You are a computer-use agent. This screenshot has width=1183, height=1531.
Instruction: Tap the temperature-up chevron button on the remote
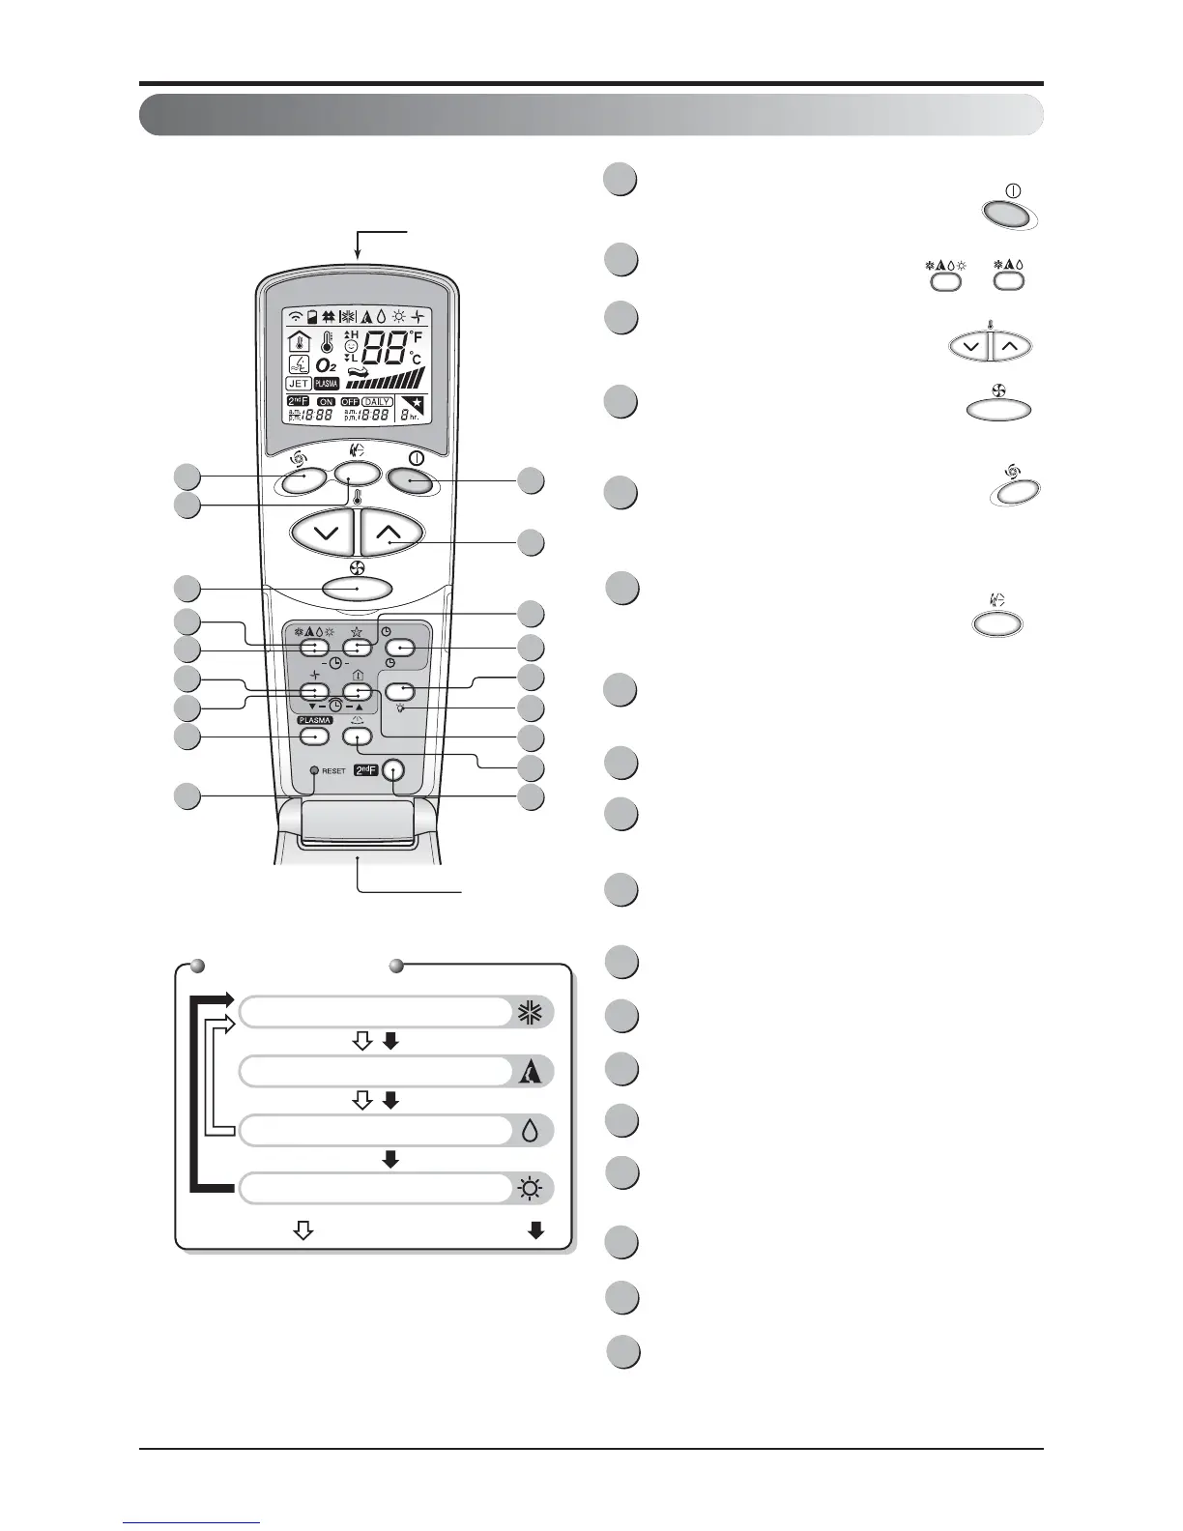tap(390, 532)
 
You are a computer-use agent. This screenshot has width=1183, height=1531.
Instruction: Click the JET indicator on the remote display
tap(299, 384)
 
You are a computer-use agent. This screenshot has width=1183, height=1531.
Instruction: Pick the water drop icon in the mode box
tap(530, 1132)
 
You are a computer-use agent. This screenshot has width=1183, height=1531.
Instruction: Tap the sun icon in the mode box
tap(530, 1189)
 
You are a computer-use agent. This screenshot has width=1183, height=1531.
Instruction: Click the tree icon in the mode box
tap(531, 1072)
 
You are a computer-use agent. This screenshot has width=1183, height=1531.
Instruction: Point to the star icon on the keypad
tap(359, 630)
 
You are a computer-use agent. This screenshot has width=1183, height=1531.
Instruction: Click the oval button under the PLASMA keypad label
tap(314, 737)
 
